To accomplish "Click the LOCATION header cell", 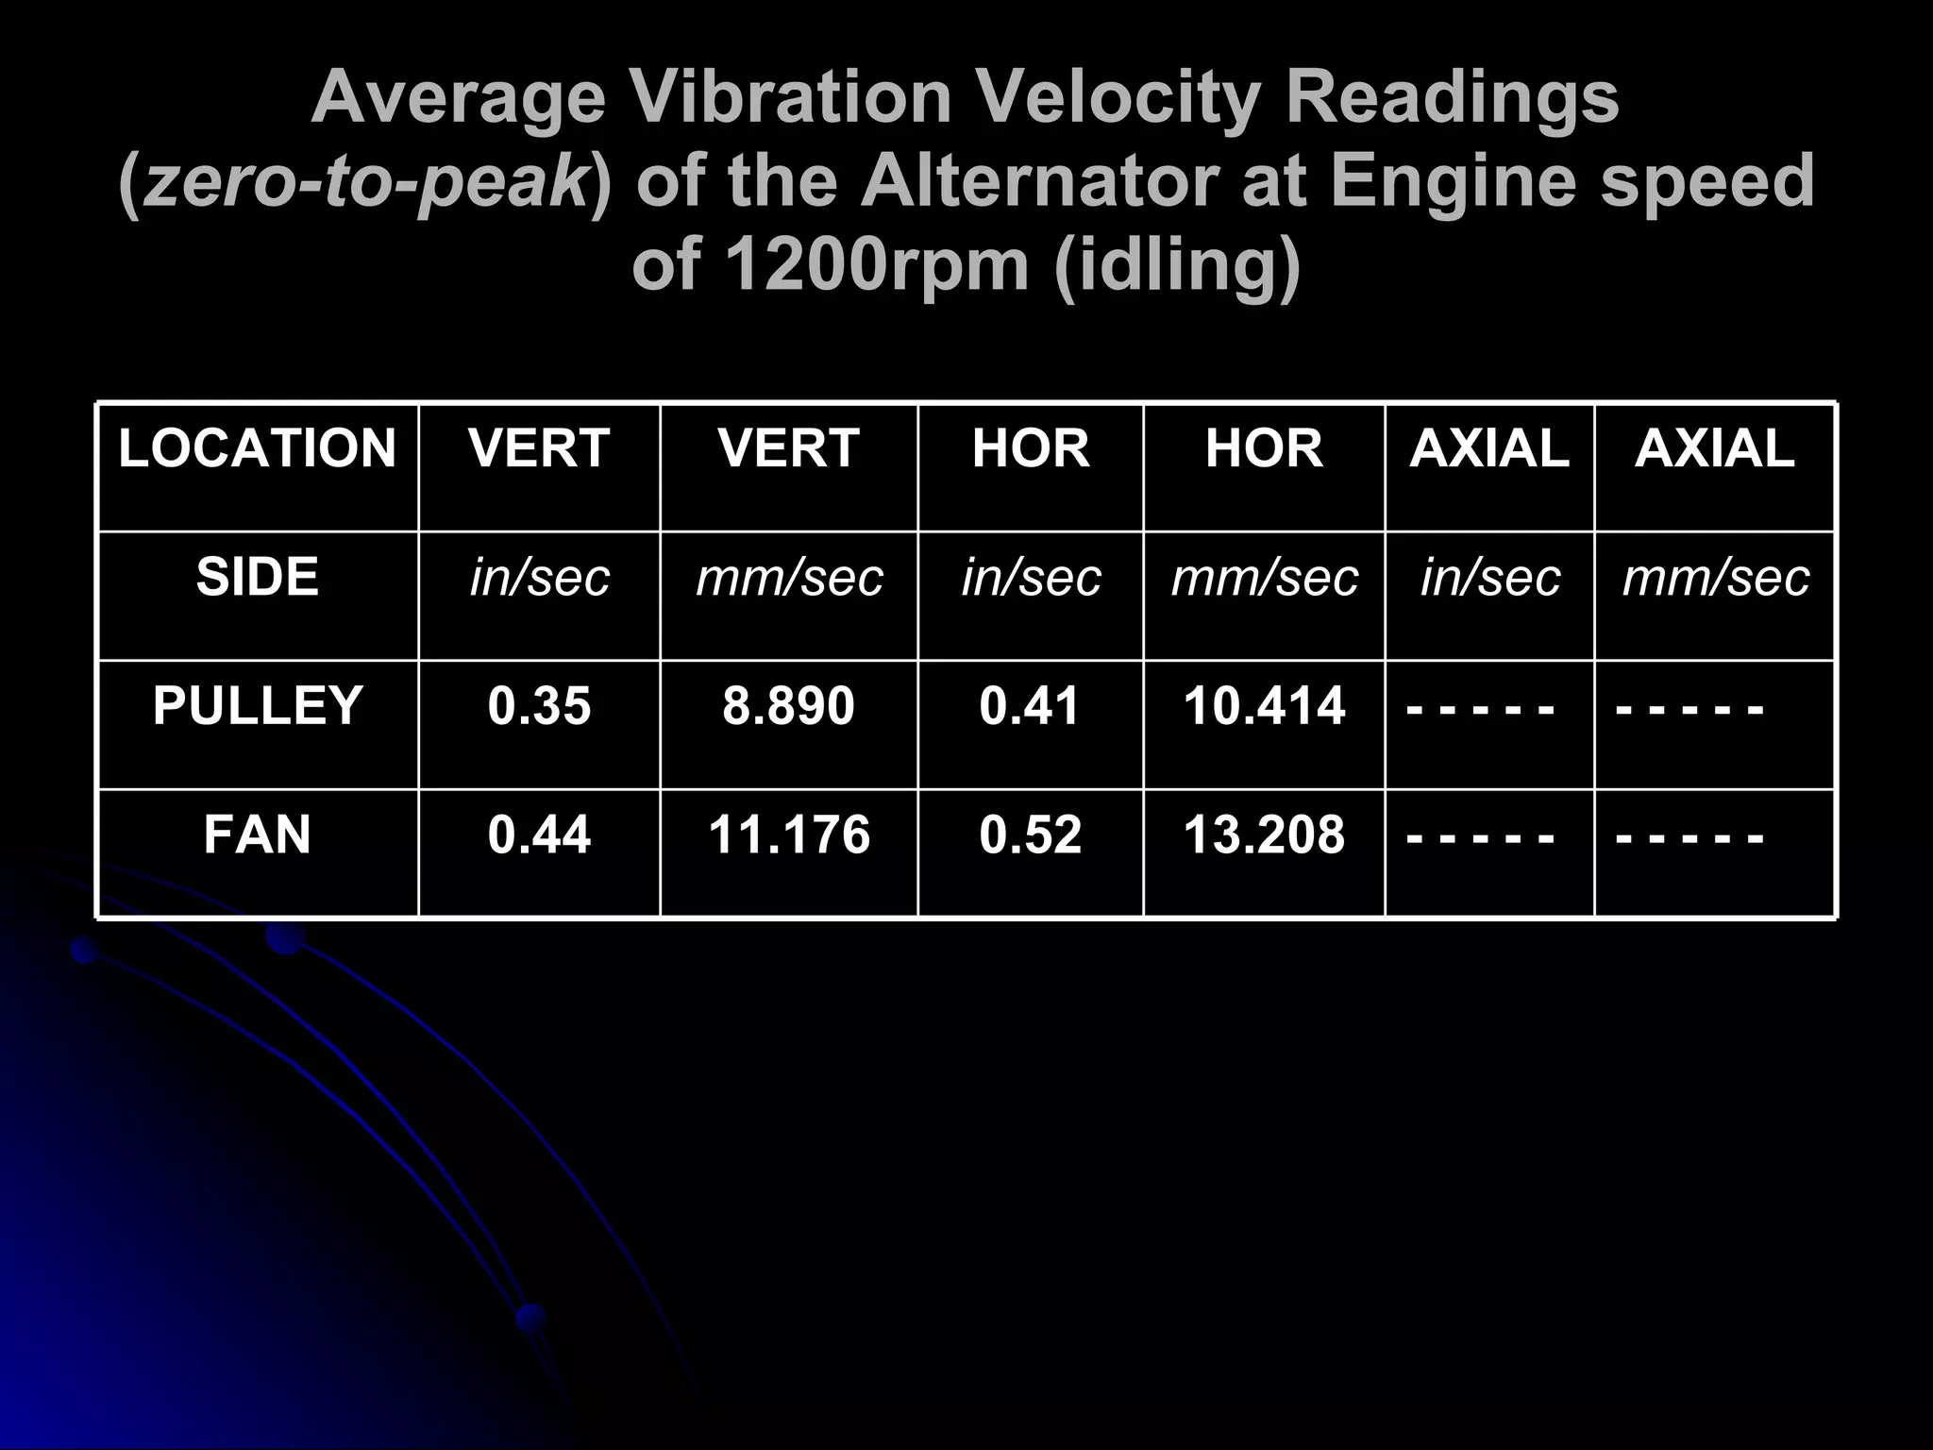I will pos(257,448).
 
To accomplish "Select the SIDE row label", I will pos(257,577).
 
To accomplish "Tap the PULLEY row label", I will pos(257,706).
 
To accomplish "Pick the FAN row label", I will pos(257,835).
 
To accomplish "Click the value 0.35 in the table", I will pos(539,706).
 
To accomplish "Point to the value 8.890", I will pos(788,706).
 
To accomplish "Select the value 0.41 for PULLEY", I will pos(1030,706).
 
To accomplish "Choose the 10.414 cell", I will pos(1264,706).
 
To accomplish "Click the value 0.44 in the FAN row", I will pos(539,835).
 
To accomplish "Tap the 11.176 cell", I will pos(788,835).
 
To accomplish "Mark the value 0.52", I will pos(1030,835).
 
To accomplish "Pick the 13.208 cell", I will pos(1264,835).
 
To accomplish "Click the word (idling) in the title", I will pos(1177,266).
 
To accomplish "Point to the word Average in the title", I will pos(459,99).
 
